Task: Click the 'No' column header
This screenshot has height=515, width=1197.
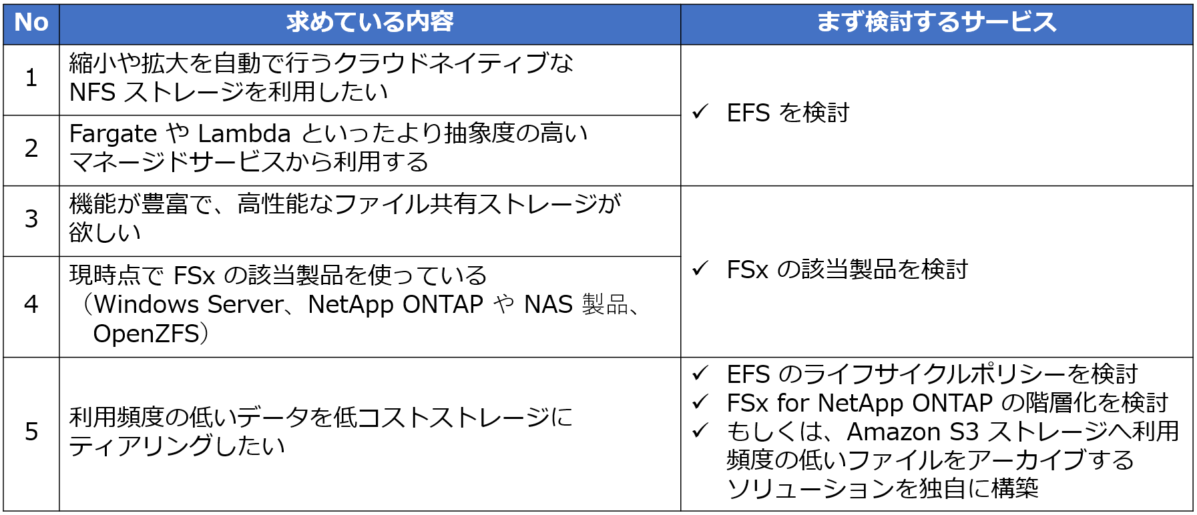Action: (x=31, y=23)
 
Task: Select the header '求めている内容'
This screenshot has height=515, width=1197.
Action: (x=370, y=23)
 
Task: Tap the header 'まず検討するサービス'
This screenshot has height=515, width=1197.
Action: (x=937, y=23)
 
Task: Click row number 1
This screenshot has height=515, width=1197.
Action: (x=31, y=78)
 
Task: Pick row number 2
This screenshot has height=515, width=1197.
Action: (x=31, y=148)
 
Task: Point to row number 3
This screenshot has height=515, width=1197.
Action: (x=31, y=219)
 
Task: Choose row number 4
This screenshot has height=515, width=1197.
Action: (x=31, y=305)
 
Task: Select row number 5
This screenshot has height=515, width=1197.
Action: (x=31, y=432)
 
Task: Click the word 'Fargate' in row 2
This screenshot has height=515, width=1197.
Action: (x=113, y=135)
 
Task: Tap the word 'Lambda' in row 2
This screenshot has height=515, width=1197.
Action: (x=244, y=134)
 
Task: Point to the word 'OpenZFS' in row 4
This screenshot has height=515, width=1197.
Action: (x=146, y=334)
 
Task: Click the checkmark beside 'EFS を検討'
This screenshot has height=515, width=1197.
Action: (x=700, y=111)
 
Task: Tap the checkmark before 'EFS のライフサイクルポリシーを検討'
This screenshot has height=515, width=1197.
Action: (x=700, y=373)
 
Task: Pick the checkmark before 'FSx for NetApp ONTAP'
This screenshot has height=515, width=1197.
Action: (x=700, y=402)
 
